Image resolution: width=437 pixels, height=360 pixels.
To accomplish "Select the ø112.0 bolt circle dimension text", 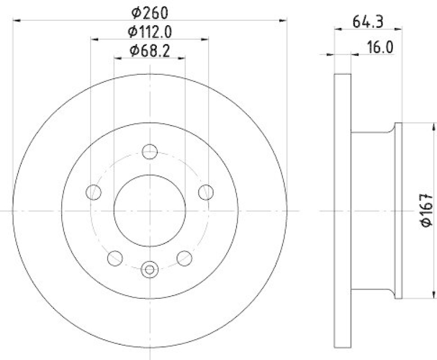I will (150, 31).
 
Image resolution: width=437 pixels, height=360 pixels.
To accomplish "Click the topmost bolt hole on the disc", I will (149, 151).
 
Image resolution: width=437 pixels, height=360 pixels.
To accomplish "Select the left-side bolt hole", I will (95, 192).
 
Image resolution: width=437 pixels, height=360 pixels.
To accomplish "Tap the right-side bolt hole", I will (205, 192).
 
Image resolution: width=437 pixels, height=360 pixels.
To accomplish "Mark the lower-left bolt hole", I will (115, 257).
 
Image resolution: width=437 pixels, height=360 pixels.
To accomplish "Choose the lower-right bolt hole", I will (185, 257).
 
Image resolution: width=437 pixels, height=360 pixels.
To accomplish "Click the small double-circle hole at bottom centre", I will (149, 268).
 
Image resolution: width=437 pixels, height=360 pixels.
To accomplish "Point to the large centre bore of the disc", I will (149, 210).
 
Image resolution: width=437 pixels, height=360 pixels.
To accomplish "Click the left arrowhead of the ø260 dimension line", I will (15, 21).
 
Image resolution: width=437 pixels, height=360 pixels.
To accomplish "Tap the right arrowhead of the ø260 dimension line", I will (285, 21).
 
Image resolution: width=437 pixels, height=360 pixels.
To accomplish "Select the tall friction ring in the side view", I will (341, 210).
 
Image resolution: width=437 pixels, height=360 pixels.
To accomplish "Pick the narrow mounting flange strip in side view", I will (398, 210).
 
